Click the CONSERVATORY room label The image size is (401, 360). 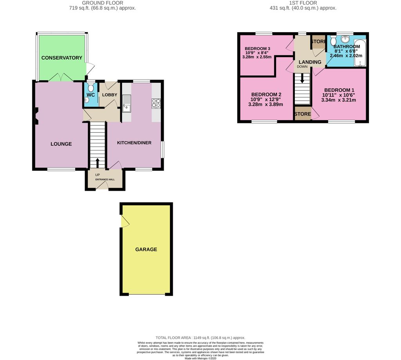coord(62,58)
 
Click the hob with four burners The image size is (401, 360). coord(156,103)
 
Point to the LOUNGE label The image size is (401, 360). coord(61,144)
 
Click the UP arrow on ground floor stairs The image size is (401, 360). coord(98,162)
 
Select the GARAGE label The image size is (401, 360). coord(146,249)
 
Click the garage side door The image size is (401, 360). coord(125,221)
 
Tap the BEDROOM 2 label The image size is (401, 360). coord(266,94)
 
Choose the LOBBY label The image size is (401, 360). coord(109,95)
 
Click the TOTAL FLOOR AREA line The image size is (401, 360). coord(200,337)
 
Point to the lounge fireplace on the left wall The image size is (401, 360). coord(36,116)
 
